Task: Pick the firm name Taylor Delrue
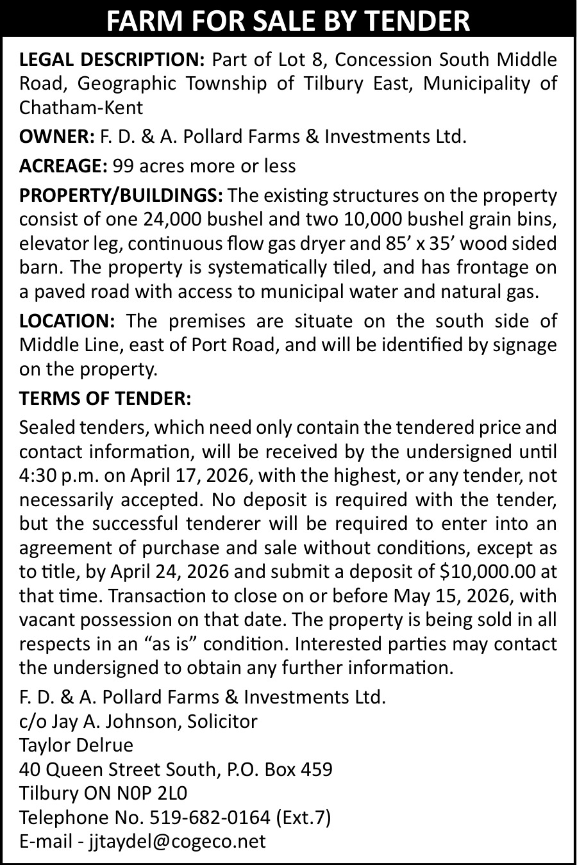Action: click(x=76, y=745)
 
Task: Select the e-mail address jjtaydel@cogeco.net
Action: click(x=176, y=841)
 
